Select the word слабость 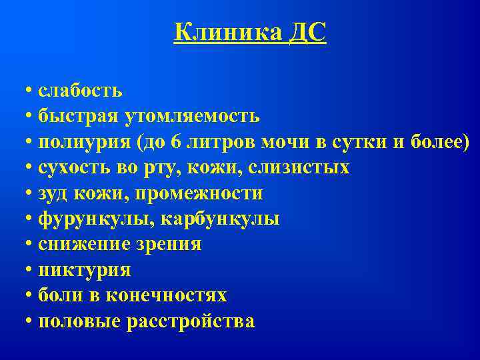click(x=80, y=91)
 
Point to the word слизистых click(x=299, y=167)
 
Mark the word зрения click(x=169, y=245)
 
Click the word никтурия click(x=84, y=270)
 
